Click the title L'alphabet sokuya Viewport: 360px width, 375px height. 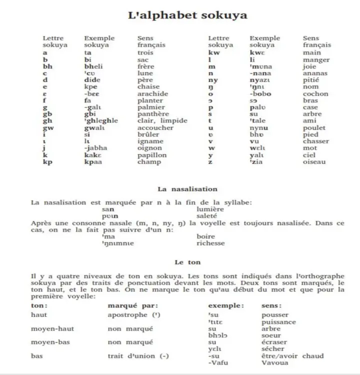pyautogui.click(x=187, y=15)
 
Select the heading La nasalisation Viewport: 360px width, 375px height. pyautogui.click(x=187, y=189)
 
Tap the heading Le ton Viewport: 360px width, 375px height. pyautogui.click(x=187, y=261)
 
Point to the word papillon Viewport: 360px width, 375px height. pyautogui.click(x=151, y=155)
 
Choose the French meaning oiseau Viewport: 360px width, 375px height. pyautogui.click(x=314, y=161)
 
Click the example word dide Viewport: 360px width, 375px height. pyautogui.click(x=92, y=80)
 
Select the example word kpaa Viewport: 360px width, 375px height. pyautogui.click(x=93, y=161)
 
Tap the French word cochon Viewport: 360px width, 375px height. pyautogui.click(x=315, y=93)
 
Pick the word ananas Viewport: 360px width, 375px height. pyautogui.click(x=315, y=73)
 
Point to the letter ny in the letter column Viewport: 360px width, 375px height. pyautogui.click(x=213, y=80)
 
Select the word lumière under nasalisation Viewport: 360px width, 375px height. pyautogui.click(x=210, y=209)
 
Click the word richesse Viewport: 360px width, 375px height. pyautogui.click(x=210, y=243)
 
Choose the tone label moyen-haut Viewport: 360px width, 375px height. pyautogui.click(x=50, y=328)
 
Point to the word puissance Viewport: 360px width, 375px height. pyautogui.click(x=278, y=322)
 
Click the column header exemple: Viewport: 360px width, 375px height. pyautogui.click(x=226, y=305)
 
